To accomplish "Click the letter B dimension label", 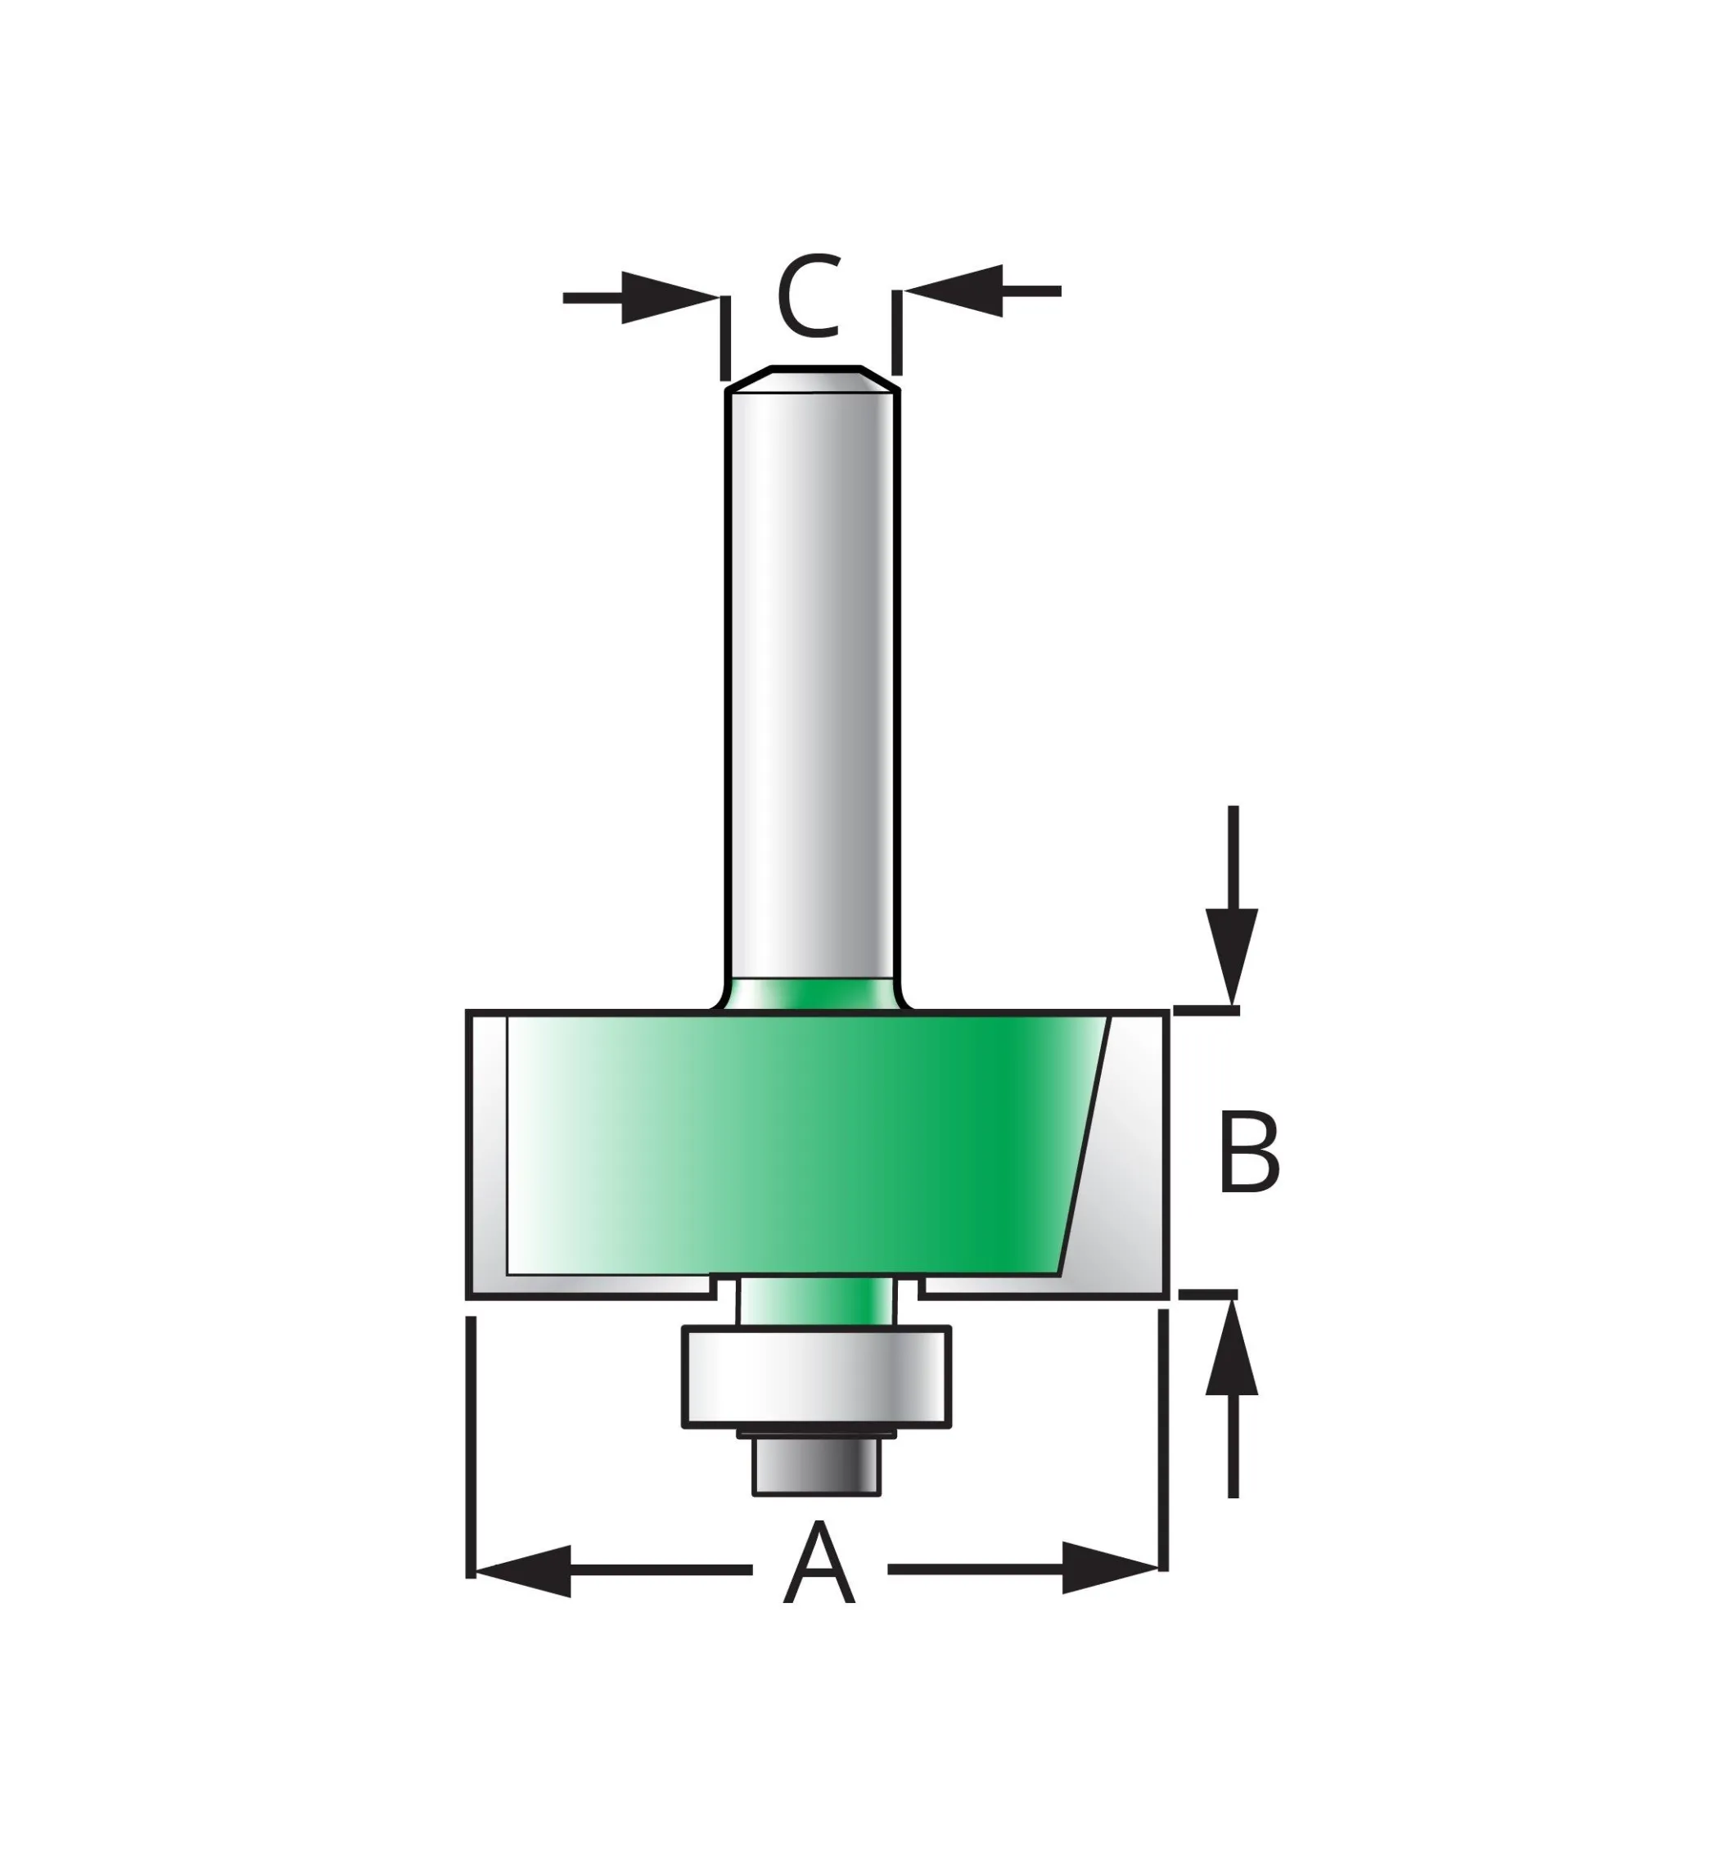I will click(x=1249, y=1152).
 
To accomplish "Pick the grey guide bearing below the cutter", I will click(x=815, y=1376).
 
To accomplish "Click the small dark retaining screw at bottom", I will click(x=816, y=1462).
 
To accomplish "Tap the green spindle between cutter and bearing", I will click(x=815, y=1300).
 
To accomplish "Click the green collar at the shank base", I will click(x=812, y=994).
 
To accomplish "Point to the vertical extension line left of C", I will click(x=724, y=337).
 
